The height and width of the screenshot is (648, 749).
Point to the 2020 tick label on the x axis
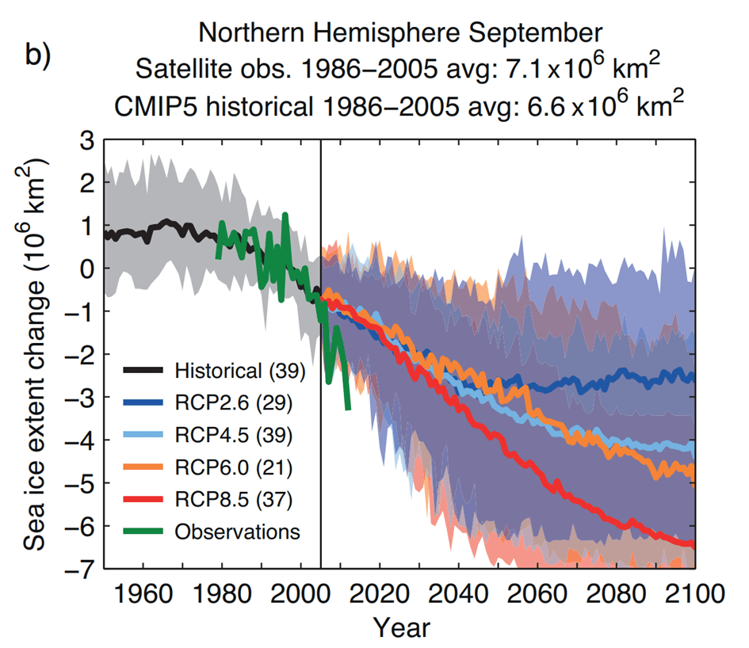point(380,593)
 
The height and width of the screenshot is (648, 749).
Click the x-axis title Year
point(402,628)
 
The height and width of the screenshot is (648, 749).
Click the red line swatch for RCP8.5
point(145,499)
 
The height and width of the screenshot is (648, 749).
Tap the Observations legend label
point(238,532)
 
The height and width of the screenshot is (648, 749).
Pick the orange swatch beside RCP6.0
point(145,467)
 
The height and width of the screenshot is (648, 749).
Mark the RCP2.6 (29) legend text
point(234,402)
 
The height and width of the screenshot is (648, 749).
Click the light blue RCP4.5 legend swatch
point(145,435)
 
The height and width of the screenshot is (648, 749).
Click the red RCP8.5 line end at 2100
point(693,544)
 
